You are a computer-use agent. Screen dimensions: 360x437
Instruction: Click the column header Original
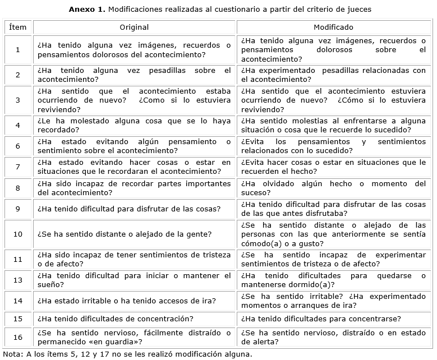click(134, 27)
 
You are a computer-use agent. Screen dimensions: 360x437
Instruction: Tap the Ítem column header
click(18, 27)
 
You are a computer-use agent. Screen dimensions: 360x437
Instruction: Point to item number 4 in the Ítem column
click(18, 125)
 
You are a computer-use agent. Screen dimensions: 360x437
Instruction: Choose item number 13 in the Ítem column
click(18, 280)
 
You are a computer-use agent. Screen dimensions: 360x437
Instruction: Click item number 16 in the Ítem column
click(18, 337)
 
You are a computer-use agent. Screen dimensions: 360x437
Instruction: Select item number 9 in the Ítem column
click(18, 209)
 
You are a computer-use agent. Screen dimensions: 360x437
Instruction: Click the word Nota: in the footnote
click(13, 354)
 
